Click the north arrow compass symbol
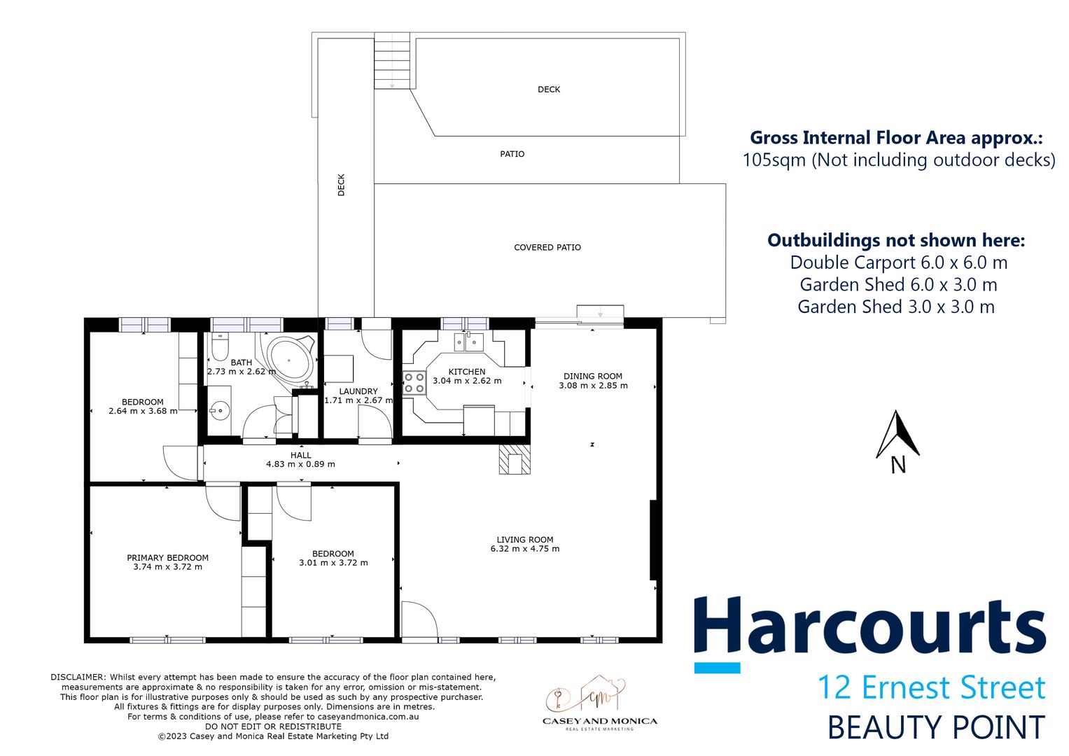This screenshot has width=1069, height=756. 897,441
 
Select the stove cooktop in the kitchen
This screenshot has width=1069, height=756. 414,383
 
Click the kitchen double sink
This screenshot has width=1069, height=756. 468,342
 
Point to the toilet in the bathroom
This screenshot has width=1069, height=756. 220,347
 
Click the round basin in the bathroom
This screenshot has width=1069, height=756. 220,410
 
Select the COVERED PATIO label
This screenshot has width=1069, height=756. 547,247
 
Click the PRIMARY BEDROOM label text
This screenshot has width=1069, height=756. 167,557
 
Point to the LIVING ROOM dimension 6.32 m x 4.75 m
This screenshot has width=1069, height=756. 524,549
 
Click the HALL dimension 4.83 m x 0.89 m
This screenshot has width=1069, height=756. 300,464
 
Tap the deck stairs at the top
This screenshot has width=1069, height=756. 392,61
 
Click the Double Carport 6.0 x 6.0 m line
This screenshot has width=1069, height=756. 898,262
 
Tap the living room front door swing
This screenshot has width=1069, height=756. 419,621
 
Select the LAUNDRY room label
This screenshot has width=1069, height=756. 358,391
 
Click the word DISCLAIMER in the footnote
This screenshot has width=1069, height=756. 78,677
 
